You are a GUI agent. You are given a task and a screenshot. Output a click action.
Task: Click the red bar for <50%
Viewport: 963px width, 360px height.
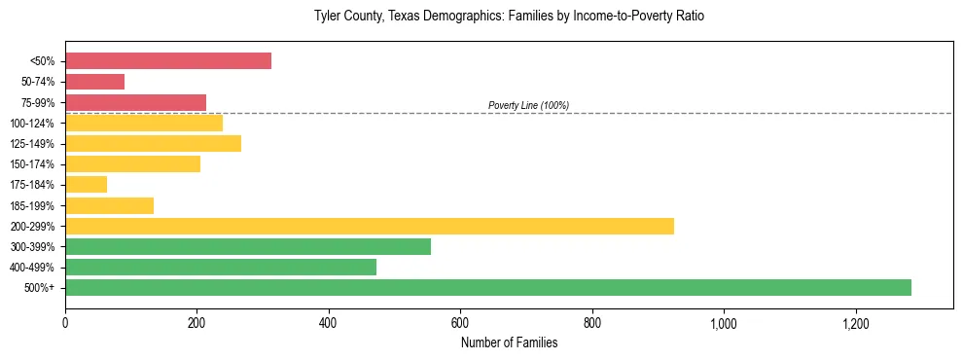168,61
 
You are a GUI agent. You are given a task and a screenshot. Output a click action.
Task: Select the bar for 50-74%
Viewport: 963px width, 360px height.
94,82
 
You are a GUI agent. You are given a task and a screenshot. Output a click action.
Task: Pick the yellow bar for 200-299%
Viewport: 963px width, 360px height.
370,226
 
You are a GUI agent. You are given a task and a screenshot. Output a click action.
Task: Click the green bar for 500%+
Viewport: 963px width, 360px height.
488,287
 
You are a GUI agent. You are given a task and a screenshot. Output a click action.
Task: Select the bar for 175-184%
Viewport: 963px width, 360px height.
86,185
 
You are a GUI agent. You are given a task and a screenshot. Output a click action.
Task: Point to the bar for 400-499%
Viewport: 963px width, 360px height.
221,267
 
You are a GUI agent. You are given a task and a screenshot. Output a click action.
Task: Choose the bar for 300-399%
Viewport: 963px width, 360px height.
248,246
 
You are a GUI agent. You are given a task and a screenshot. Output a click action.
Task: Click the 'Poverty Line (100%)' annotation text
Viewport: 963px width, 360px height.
528,105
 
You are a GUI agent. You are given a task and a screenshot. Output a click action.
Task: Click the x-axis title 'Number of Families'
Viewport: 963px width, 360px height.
509,342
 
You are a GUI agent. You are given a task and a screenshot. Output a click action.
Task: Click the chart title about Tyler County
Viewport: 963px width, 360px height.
509,17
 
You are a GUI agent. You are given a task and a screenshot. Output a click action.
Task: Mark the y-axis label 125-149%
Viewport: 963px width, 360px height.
32,144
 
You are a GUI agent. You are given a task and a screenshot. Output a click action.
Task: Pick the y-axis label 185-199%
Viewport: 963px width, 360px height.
32,206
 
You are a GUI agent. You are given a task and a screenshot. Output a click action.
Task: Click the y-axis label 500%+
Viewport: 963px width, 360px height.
40,288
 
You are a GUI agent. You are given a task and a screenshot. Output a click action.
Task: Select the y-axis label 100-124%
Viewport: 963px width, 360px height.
32,124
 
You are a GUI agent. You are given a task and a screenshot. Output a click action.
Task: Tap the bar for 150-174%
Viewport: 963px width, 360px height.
132,164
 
